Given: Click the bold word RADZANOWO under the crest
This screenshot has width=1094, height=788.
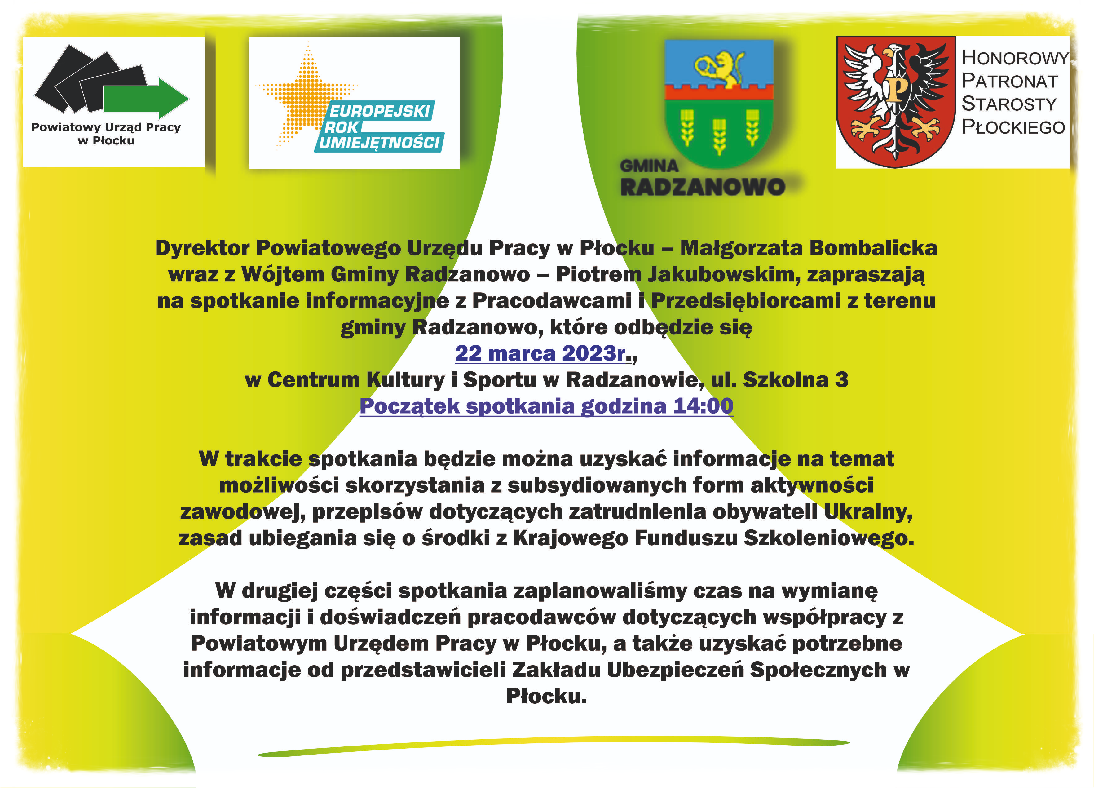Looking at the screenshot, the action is click(702, 187).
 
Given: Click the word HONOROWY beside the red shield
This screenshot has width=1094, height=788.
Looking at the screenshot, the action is click(1015, 58).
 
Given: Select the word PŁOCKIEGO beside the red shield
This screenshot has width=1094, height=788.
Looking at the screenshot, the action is click(1013, 127).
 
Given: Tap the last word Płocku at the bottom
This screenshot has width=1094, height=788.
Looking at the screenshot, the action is click(546, 696).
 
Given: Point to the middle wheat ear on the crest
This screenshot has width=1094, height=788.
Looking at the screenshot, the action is click(719, 136).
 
